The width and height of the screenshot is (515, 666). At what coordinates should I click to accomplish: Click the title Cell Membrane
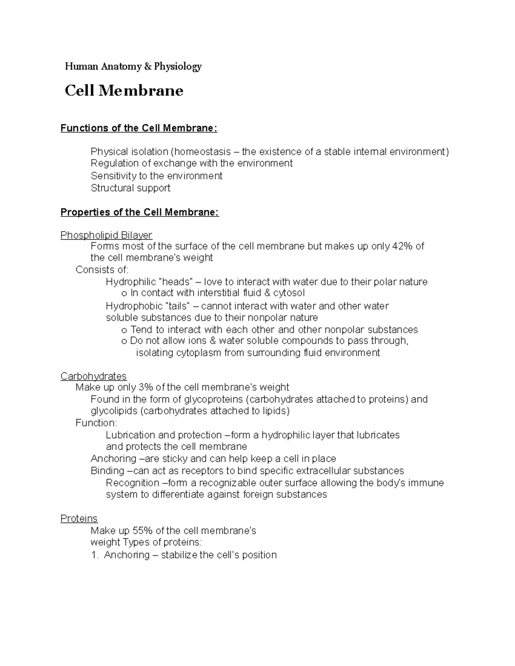click(x=124, y=90)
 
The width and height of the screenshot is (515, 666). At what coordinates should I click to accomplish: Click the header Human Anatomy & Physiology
click(x=133, y=66)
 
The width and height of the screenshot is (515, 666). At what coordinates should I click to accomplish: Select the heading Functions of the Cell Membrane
click(x=139, y=128)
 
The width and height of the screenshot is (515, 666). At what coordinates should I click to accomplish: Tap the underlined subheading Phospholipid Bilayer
click(x=106, y=235)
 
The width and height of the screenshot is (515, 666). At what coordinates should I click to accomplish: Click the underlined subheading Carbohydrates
click(x=93, y=376)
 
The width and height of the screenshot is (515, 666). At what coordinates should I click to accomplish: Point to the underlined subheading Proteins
click(x=79, y=518)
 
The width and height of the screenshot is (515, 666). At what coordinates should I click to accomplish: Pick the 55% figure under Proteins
click(x=143, y=531)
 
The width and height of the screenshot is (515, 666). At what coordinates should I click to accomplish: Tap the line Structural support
click(x=130, y=188)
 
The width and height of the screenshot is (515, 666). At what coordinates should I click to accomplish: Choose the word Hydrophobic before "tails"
click(x=133, y=306)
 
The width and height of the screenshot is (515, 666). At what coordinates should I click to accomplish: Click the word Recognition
click(x=132, y=483)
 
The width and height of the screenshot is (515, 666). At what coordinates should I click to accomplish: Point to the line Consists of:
click(x=102, y=270)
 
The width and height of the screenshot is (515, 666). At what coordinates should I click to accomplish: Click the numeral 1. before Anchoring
click(x=95, y=555)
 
